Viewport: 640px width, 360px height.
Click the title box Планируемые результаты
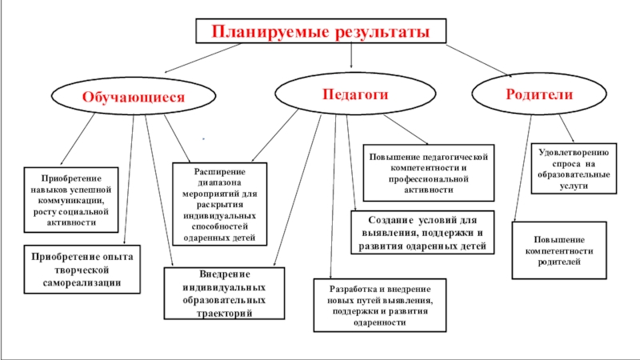point(320,31)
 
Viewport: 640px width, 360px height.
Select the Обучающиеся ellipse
point(134,97)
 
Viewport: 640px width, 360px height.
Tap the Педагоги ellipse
point(354,94)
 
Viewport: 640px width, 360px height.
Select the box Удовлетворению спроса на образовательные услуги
point(574,168)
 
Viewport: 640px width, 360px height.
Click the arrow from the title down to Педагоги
point(352,55)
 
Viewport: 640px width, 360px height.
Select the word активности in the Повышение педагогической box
point(427,191)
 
